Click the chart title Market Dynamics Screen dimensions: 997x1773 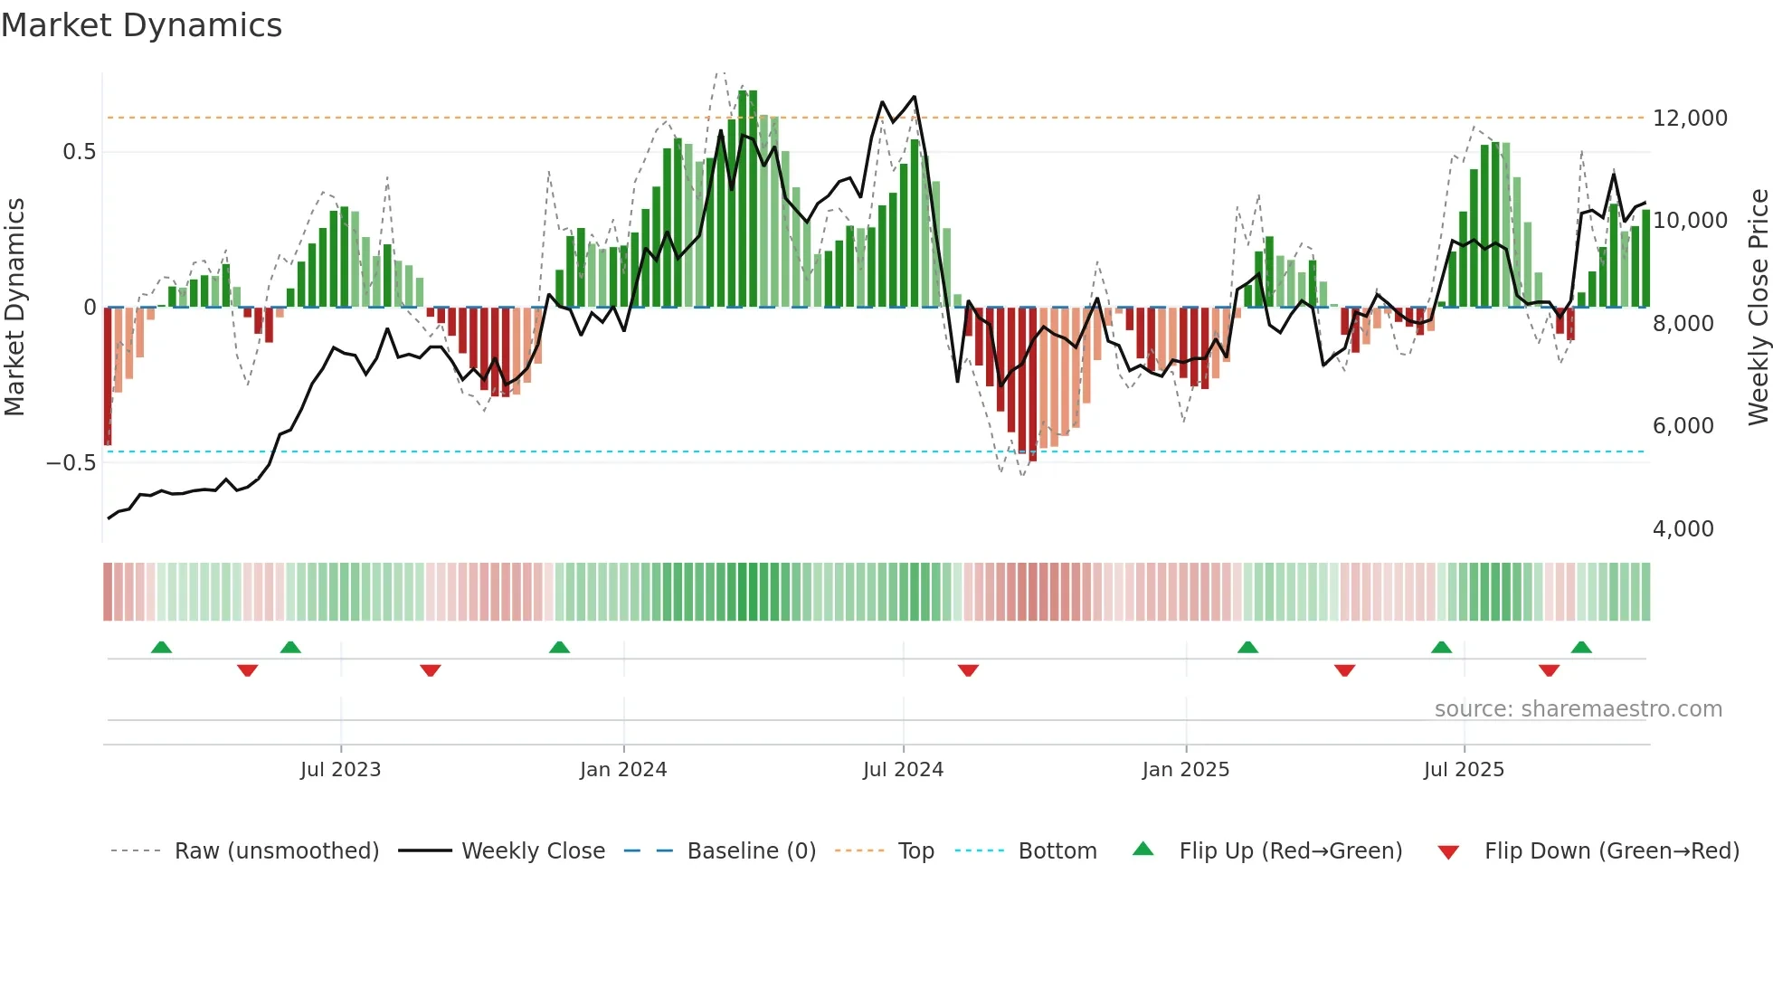click(x=142, y=25)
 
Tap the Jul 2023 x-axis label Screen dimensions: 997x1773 click(x=340, y=770)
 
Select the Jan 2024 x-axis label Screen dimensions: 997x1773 click(x=623, y=770)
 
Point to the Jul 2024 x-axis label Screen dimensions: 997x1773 click(x=903, y=770)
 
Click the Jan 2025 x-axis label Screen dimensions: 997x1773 click(x=1186, y=770)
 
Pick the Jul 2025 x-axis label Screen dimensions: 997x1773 click(x=1464, y=770)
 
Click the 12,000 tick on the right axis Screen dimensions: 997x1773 click(x=1690, y=119)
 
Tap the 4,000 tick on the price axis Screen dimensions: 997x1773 click(x=1683, y=529)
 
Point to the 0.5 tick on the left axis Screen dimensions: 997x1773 click(x=79, y=152)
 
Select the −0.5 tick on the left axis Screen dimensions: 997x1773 click(x=71, y=463)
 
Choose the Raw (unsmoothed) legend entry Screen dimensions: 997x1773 click(x=276, y=851)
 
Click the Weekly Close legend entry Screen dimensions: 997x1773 click(x=533, y=851)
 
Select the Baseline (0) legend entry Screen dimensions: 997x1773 click(x=751, y=851)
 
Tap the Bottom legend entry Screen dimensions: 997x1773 click(x=1057, y=851)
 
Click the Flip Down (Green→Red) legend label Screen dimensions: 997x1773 click(x=1611, y=851)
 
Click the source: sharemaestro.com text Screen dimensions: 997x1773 click(x=1578, y=709)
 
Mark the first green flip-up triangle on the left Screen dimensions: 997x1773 click(x=161, y=648)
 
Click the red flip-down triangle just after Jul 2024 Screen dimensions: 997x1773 click(x=968, y=670)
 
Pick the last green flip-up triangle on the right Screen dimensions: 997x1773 click(x=1581, y=648)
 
